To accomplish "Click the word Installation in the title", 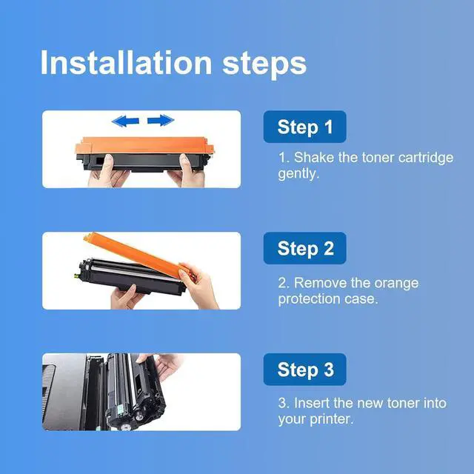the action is click(127, 62).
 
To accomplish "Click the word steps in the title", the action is click(264, 65).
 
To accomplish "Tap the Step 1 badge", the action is click(304, 127).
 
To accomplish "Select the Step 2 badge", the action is click(304, 248).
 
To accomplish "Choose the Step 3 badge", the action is click(304, 370).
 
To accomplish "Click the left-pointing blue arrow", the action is click(125, 121).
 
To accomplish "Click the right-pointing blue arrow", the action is click(161, 120).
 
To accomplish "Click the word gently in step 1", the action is click(298, 174).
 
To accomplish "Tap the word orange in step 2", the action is click(396, 284).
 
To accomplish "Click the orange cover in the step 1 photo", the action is click(144, 145).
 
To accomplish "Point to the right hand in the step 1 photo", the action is click(187, 171).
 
